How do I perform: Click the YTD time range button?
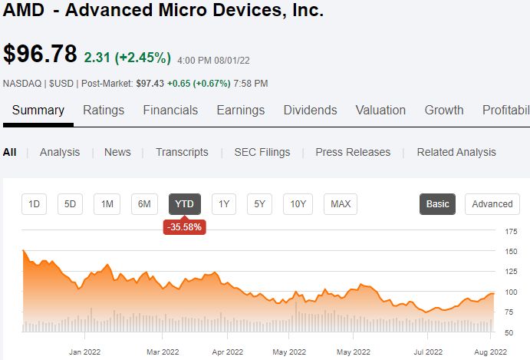click(x=185, y=204)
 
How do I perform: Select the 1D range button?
click(x=34, y=204)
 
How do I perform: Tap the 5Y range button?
click(x=259, y=204)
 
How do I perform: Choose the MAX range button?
click(x=341, y=204)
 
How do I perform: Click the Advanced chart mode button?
click(x=492, y=204)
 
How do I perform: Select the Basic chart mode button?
click(x=437, y=204)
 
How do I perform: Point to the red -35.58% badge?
click(x=185, y=226)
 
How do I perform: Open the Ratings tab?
click(x=104, y=111)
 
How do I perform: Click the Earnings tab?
click(x=241, y=111)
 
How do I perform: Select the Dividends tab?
click(x=311, y=111)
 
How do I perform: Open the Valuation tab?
click(x=380, y=111)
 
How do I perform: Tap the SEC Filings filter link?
click(x=262, y=152)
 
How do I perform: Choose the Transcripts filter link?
click(x=182, y=152)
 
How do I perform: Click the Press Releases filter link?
click(x=353, y=152)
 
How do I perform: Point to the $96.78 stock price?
click(x=40, y=54)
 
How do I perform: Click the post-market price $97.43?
click(x=150, y=83)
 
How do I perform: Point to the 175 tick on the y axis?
click(x=511, y=232)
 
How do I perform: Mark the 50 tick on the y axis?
click(x=509, y=332)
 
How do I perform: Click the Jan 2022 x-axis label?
click(x=84, y=352)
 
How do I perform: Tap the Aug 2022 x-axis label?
click(x=490, y=352)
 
